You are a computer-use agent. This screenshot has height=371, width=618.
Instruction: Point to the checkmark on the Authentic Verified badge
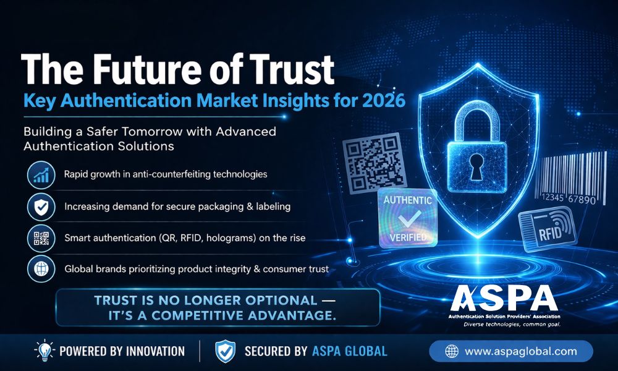pyautogui.click(x=407, y=220)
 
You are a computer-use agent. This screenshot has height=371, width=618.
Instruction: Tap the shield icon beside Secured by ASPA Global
pyautogui.click(x=225, y=351)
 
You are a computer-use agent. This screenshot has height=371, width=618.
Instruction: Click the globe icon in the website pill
pyautogui.click(x=451, y=351)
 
